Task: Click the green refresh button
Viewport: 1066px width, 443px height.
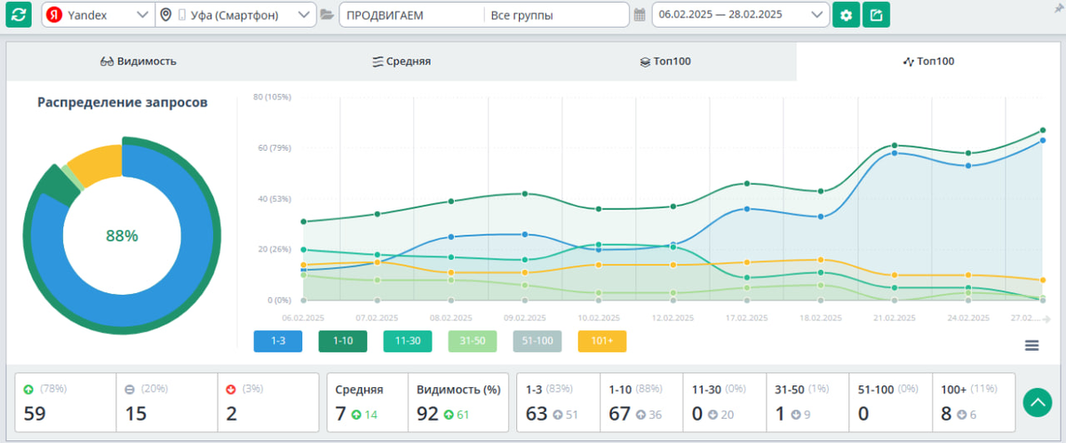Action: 20,15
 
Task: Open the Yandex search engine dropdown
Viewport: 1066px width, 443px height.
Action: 98,15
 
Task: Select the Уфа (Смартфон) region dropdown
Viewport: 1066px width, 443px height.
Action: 235,15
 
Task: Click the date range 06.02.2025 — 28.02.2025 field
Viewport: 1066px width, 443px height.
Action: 740,15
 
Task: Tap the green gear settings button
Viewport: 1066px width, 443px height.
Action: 846,15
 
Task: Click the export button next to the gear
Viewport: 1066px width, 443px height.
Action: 876,15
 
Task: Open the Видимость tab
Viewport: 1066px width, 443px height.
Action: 139,61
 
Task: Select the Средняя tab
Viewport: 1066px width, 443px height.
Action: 402,61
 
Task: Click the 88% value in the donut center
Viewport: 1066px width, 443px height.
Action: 122,236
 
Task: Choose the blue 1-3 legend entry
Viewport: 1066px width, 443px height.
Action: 277,341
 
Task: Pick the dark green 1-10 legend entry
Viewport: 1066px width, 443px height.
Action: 342,341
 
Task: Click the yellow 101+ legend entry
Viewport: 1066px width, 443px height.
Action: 601,341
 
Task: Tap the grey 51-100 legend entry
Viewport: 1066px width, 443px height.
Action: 537,341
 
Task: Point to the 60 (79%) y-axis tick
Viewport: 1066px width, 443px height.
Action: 271,147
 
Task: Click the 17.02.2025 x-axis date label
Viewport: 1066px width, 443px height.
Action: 747,317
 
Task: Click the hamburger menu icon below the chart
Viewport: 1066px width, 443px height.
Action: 1031,345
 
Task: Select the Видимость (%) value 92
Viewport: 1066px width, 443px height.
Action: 428,413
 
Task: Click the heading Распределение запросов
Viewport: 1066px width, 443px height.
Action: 123,103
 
